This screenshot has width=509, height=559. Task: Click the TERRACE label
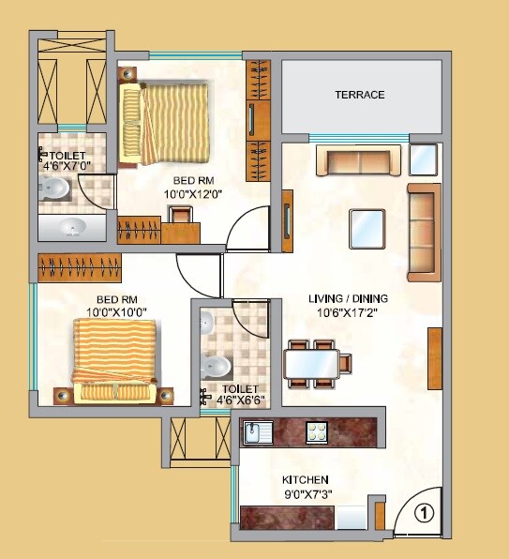pyautogui.click(x=361, y=95)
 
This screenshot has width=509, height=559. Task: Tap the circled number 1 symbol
pyautogui.click(x=424, y=513)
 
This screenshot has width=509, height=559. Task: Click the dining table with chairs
pyautogui.click(x=315, y=362)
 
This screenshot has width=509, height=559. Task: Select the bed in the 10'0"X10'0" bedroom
pyautogui.click(x=114, y=362)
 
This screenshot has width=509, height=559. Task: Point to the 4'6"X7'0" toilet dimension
pyautogui.click(x=69, y=167)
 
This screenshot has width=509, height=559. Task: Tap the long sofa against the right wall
pyautogui.click(x=423, y=232)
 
